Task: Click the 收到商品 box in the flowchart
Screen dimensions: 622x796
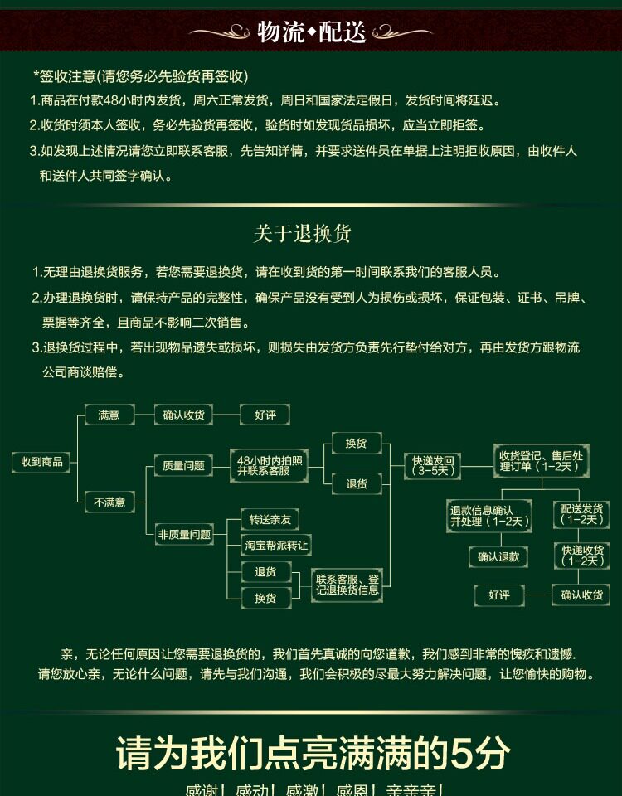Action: (x=41, y=462)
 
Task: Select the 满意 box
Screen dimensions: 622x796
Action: (x=109, y=415)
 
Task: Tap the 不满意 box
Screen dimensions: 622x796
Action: (x=109, y=502)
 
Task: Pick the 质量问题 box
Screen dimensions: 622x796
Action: (x=183, y=466)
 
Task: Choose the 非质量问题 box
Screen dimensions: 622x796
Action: (x=184, y=535)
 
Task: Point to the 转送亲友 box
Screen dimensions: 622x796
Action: (x=270, y=520)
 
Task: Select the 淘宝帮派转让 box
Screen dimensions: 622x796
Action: (x=275, y=545)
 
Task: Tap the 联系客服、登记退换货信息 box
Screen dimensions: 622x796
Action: (x=347, y=585)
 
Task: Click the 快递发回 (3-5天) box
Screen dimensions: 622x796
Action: (x=432, y=466)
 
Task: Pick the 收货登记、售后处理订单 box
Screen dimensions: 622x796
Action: (x=542, y=461)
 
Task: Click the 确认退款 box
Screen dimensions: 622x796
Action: (x=498, y=557)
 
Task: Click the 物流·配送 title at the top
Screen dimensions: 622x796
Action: (x=311, y=32)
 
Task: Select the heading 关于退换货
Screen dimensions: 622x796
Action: (x=302, y=234)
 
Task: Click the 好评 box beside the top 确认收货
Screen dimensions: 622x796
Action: (x=265, y=415)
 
